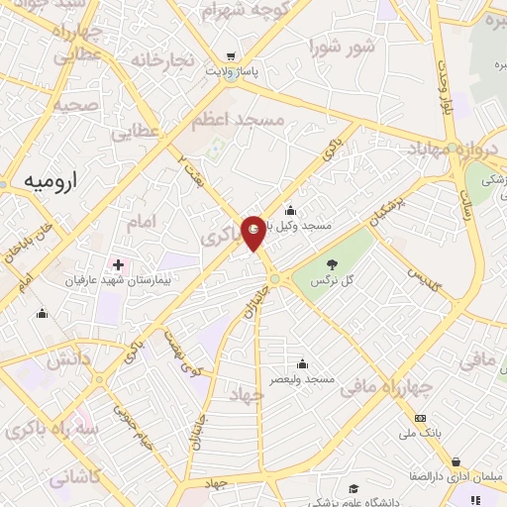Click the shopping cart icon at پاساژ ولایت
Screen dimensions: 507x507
click(x=231, y=56)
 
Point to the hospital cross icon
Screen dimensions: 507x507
click(x=119, y=264)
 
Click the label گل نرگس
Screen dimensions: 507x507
click(x=334, y=283)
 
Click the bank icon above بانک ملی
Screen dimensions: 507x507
click(x=420, y=419)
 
